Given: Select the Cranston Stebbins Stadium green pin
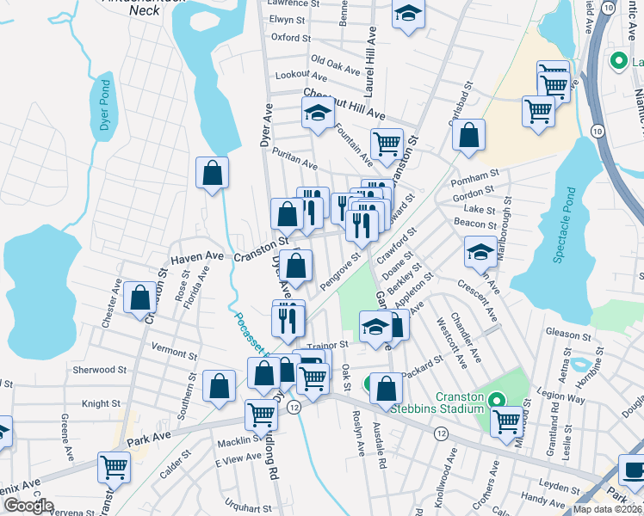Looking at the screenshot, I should click(x=496, y=400).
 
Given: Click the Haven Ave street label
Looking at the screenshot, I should click(x=197, y=256).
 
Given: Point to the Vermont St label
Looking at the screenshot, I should click(x=174, y=352).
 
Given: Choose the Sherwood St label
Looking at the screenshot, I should click(x=100, y=370).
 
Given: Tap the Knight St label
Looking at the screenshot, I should click(x=101, y=403).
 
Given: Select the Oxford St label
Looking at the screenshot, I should click(x=290, y=38).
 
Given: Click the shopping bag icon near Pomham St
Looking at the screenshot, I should click(x=468, y=135).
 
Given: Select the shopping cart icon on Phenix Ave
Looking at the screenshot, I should click(x=114, y=467).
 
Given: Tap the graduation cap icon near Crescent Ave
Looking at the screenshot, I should click(x=480, y=251).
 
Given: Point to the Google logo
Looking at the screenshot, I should click(x=28, y=507).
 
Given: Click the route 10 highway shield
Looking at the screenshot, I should click(x=598, y=130).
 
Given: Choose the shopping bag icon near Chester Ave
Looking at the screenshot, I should click(x=139, y=298).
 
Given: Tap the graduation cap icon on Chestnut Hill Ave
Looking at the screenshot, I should click(x=318, y=113).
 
